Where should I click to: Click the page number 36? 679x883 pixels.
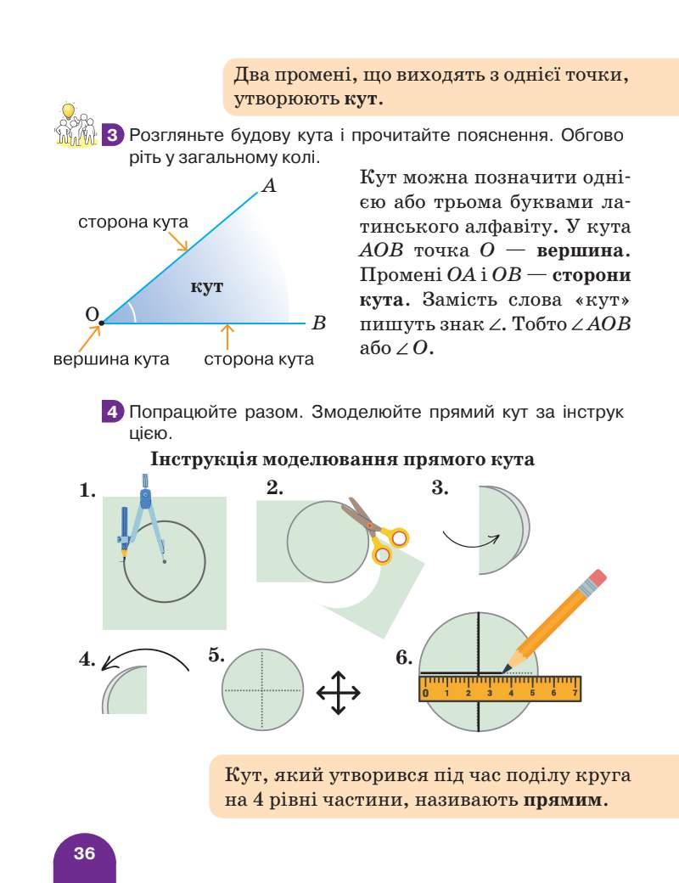point(84,853)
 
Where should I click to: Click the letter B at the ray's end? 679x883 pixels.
point(319,323)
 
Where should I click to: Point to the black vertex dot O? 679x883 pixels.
point(100,323)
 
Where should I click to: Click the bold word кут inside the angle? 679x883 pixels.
point(207,286)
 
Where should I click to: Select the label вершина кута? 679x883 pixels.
point(111,359)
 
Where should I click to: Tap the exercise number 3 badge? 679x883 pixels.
point(114,136)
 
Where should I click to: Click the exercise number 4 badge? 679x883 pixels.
point(114,413)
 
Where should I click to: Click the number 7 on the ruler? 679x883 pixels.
point(575,693)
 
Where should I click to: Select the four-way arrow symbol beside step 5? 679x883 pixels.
point(338,692)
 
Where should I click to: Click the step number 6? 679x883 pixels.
point(404,658)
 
